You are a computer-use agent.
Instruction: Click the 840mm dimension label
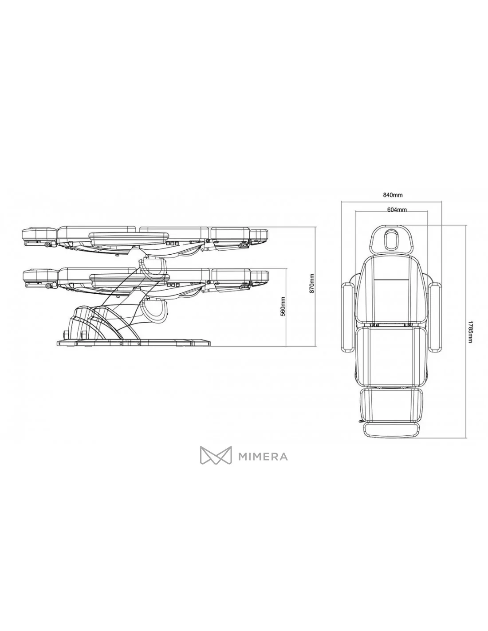[x=393, y=194]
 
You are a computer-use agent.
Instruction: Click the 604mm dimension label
[x=397, y=209]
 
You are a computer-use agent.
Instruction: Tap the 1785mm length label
[x=470, y=331]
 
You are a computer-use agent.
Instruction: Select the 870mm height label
[x=312, y=283]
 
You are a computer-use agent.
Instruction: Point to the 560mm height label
[x=283, y=306]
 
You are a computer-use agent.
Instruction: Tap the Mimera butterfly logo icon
[x=216, y=455]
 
